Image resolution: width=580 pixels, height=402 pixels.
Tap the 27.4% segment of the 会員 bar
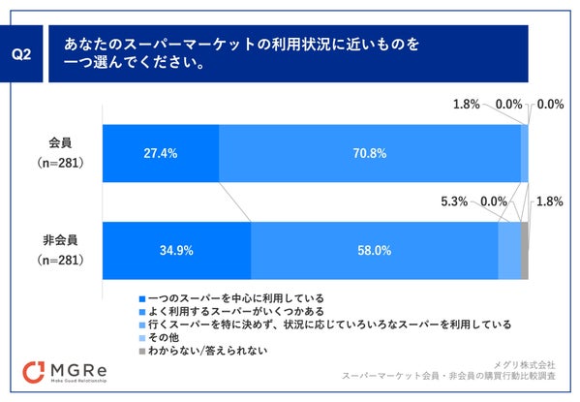[161, 153]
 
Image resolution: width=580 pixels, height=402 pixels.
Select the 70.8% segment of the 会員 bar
[370, 153]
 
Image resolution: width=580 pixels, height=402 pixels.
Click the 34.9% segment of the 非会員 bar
[177, 250]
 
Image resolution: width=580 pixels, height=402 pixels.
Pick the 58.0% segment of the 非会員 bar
[374, 250]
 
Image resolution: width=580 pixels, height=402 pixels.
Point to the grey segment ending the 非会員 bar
[524, 250]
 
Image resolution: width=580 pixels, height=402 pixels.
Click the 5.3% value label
[454, 201]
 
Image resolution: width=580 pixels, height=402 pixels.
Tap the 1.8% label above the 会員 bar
[467, 104]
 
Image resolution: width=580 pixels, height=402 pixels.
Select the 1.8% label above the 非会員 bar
[549, 201]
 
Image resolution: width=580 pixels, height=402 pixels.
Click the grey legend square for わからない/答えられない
[142, 351]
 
